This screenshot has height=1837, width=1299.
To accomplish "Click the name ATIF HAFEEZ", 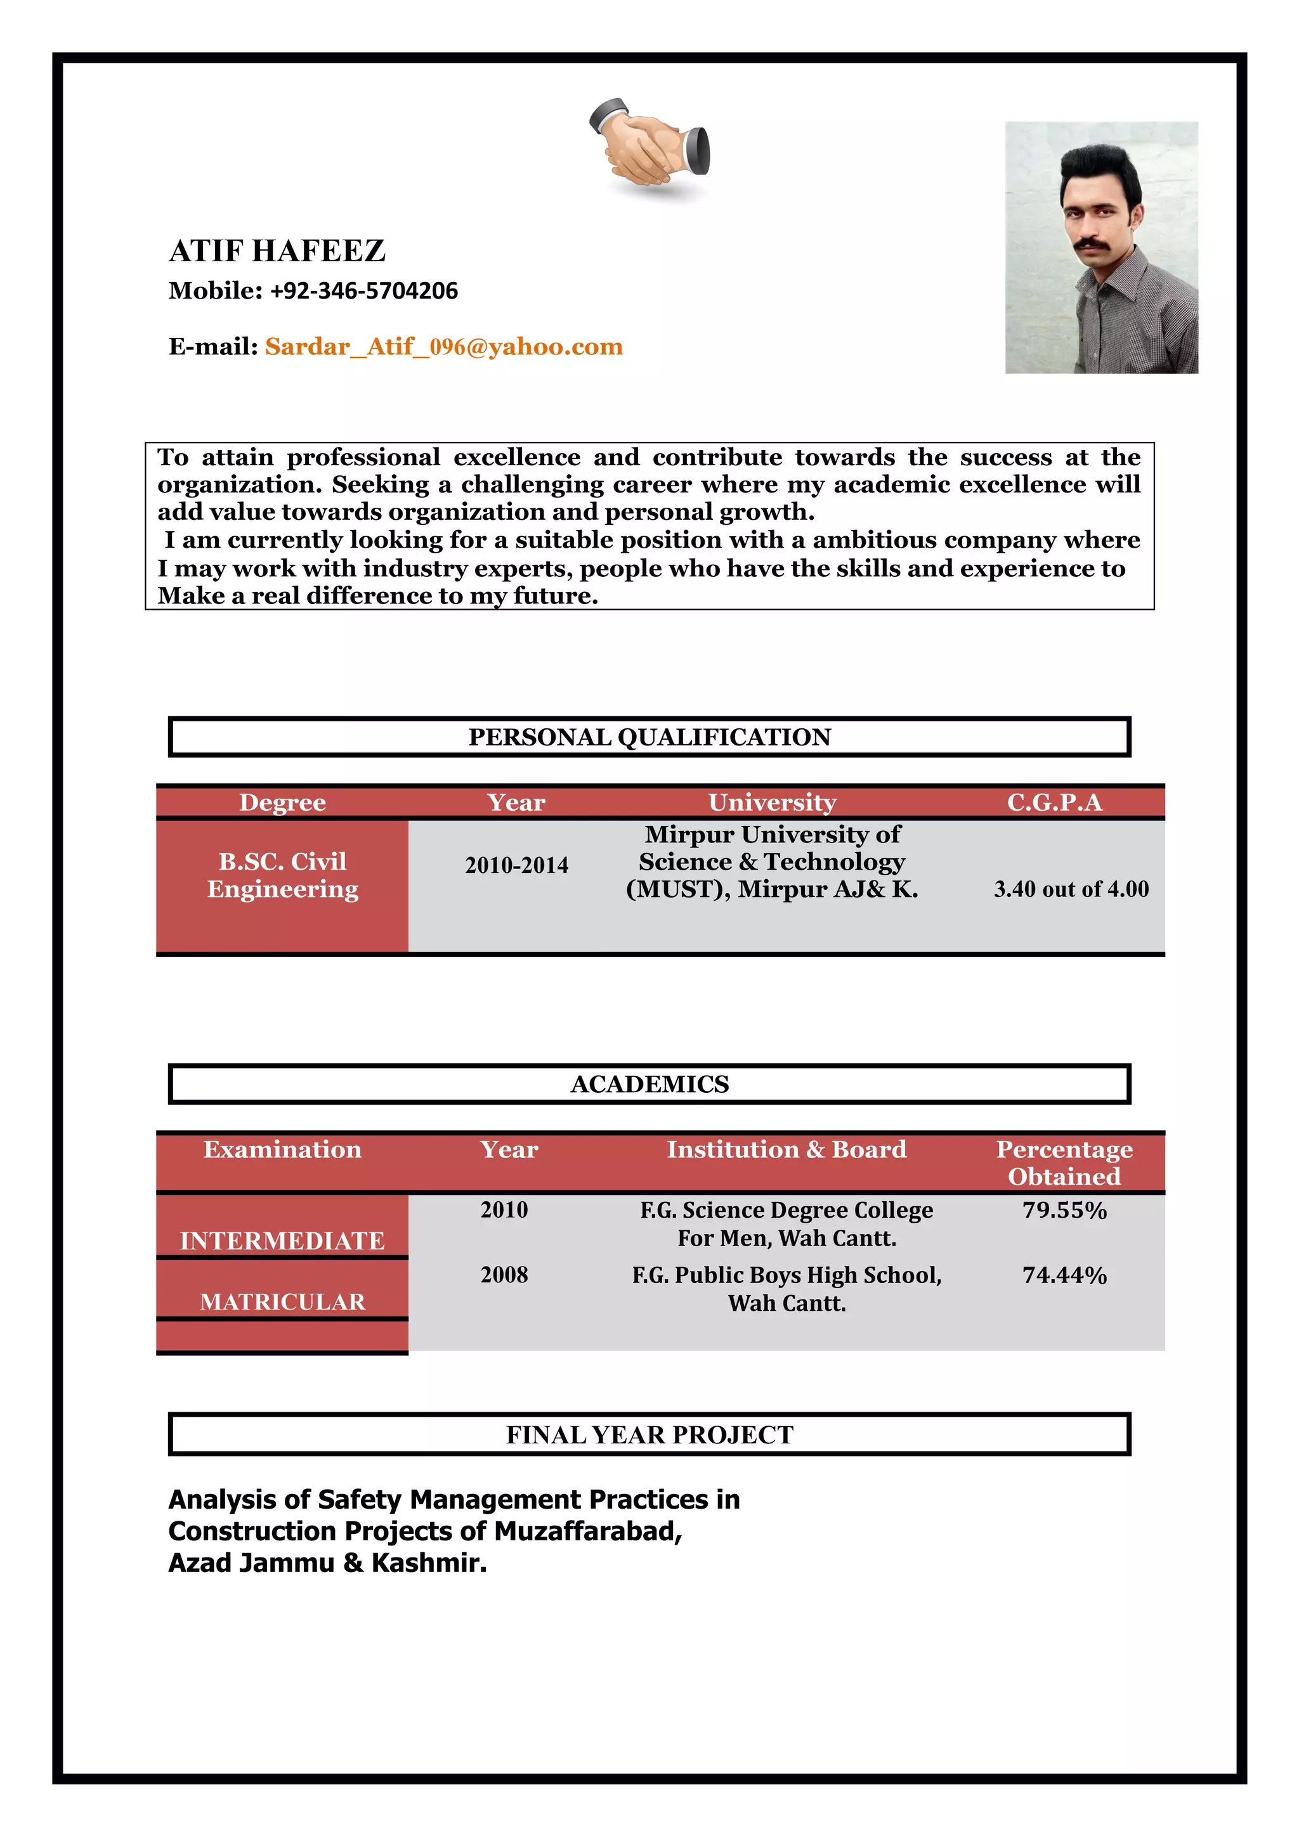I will pyautogui.click(x=277, y=251).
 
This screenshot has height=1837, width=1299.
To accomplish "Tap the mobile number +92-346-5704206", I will pyautogui.click(x=363, y=290).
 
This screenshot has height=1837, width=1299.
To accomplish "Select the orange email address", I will pyautogui.click(x=443, y=347).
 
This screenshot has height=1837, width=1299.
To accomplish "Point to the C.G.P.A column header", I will pyautogui.click(x=1054, y=802).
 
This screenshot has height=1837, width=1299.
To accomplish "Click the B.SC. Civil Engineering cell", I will pyautogui.click(x=282, y=875).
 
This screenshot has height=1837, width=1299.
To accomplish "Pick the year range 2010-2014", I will pyautogui.click(x=516, y=865).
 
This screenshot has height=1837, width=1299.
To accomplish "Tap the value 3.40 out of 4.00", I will pyautogui.click(x=1071, y=889).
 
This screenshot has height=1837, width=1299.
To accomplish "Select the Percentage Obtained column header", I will pyautogui.click(x=1064, y=1163).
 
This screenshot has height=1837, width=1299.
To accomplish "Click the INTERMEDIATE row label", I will pyautogui.click(x=282, y=1240).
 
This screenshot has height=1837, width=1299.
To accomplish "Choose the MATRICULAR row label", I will pyautogui.click(x=282, y=1302).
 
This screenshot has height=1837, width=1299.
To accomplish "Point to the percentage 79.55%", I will pyautogui.click(x=1064, y=1209).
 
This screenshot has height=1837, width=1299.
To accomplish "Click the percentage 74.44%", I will pyautogui.click(x=1064, y=1275).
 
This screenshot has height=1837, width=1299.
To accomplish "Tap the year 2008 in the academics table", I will pyautogui.click(x=504, y=1275).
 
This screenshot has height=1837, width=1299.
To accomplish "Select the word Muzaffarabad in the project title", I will pyautogui.click(x=587, y=1531).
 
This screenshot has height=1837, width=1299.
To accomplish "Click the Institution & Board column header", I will pyautogui.click(x=786, y=1150).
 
